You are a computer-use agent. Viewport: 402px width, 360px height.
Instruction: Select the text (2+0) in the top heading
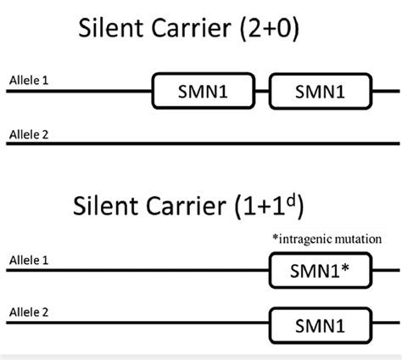coord(288,32)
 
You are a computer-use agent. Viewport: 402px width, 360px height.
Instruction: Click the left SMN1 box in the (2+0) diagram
coord(204,90)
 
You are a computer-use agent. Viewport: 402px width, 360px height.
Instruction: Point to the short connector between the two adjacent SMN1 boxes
coord(263,90)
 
